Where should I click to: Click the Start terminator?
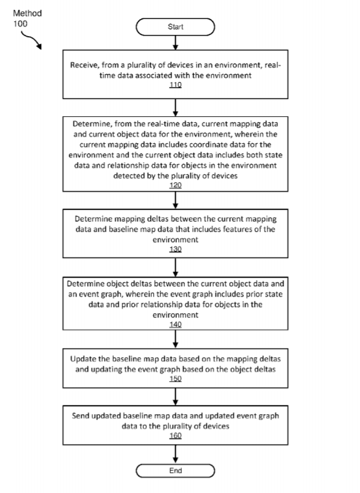[175, 27]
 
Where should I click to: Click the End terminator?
[175, 471]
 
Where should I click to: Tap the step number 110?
[175, 85]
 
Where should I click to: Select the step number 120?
[175, 185]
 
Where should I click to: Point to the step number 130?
[175, 250]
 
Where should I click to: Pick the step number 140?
[175, 324]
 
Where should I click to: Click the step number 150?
[175, 379]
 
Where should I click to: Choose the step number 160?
[175, 436]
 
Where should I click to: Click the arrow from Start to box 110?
[175, 42]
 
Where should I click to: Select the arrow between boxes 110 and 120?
[175, 108]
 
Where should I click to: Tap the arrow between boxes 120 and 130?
[175, 200]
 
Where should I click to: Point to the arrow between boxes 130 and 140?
[175, 267]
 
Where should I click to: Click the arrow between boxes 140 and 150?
[175, 339]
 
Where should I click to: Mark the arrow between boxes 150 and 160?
[175, 397]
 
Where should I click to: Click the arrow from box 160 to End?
[175, 454]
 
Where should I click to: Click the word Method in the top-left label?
[28, 13]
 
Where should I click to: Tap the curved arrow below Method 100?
[31, 39]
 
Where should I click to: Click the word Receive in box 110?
[84, 65]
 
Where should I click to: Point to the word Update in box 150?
[82, 359]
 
